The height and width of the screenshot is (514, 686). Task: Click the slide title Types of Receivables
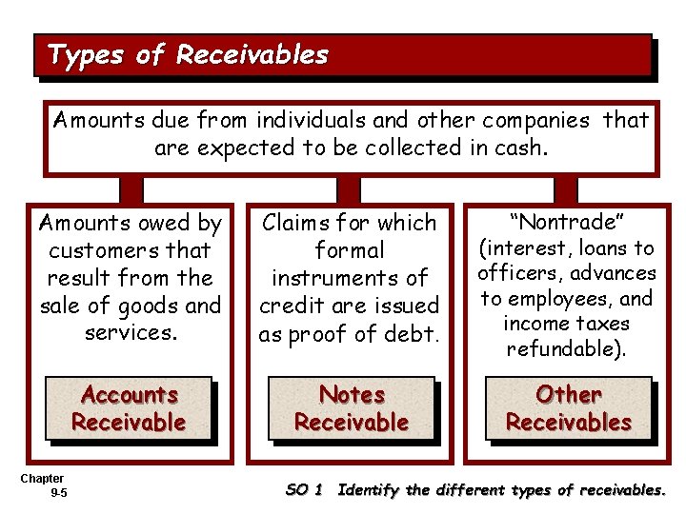pos(188,55)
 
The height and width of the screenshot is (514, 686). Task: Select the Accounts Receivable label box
pos(129,408)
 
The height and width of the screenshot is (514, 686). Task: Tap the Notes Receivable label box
pos(351,408)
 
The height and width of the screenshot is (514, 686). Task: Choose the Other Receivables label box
pos(568,408)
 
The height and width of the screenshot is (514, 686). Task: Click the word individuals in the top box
pos(297,121)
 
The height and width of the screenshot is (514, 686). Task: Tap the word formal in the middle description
pos(350,250)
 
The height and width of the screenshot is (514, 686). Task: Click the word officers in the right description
pos(522,273)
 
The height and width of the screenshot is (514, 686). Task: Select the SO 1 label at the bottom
pos(305,490)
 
